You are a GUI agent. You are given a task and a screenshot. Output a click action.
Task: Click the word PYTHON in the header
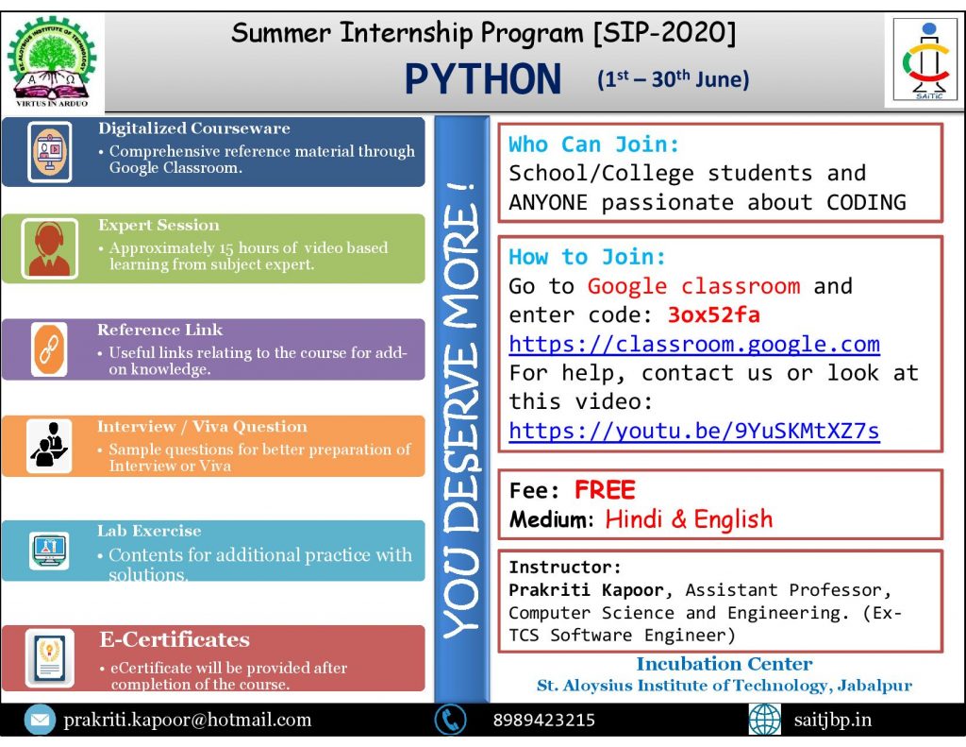(483, 79)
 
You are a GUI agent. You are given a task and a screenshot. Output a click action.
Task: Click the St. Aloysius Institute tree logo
(52, 61)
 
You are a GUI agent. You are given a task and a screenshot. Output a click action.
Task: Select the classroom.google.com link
(694, 344)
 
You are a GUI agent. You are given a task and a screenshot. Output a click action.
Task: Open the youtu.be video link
(694, 431)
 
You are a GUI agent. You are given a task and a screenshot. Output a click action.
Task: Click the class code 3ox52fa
(713, 315)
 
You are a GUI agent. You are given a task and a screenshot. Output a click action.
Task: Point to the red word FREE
(605, 490)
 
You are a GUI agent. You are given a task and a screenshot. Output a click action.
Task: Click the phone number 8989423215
(544, 720)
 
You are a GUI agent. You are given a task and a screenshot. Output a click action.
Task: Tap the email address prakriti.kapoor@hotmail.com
(188, 720)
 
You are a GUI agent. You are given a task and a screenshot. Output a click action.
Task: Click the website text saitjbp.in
(832, 720)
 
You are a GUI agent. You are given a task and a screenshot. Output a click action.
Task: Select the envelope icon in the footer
(40, 720)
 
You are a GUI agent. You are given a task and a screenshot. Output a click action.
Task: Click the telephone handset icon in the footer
(450, 720)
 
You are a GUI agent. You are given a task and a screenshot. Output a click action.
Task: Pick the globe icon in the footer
(764, 720)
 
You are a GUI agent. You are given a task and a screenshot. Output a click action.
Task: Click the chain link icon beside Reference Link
(49, 349)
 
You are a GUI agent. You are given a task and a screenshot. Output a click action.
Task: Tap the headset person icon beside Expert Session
(49, 248)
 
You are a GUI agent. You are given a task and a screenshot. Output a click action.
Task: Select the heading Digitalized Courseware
(194, 128)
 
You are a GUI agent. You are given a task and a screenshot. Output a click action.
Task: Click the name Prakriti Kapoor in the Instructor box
(586, 590)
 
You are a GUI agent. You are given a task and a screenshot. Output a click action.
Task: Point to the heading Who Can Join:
(594, 144)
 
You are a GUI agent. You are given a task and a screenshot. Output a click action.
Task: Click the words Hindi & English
(689, 519)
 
